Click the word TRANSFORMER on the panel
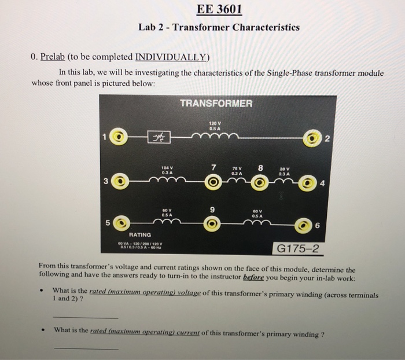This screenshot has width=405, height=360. (216, 103)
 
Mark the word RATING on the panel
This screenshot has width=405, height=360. (140, 234)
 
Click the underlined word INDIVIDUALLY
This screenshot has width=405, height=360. (171, 57)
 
